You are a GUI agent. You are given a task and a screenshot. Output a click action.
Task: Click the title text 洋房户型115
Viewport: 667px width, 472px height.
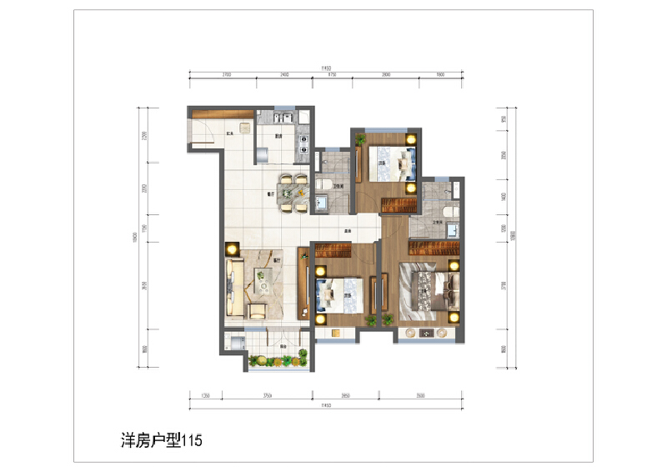point(156,439)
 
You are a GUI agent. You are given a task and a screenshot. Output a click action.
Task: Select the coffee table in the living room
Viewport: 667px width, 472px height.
point(263,284)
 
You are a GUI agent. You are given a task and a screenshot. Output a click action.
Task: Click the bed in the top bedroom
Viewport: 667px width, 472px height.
point(392,163)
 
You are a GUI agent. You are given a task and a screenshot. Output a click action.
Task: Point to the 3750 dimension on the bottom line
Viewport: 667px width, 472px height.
point(268,396)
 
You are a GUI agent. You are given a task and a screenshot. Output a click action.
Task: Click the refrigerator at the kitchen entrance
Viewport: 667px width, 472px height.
point(259,154)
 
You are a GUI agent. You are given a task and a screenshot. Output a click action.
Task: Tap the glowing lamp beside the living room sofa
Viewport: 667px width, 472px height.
point(231,249)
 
